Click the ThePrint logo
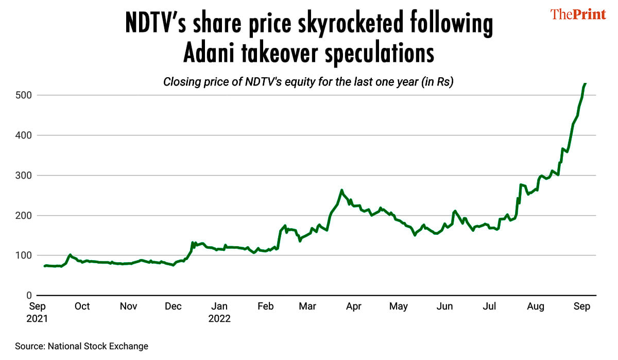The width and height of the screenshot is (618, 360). (578, 14)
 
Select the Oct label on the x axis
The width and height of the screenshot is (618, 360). (82, 306)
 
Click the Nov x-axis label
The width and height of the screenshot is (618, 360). (128, 306)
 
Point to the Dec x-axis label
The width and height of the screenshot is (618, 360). (173, 306)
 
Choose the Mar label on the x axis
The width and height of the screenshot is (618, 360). (307, 306)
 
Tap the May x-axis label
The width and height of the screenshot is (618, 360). (398, 306)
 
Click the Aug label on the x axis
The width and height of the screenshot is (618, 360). (536, 306)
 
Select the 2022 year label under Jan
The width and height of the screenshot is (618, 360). (219, 319)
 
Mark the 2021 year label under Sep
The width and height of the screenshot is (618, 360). (37, 319)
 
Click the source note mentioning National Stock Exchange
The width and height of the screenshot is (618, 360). (81, 347)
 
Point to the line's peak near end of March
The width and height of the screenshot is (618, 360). (341, 191)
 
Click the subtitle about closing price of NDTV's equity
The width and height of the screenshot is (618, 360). (308, 82)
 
